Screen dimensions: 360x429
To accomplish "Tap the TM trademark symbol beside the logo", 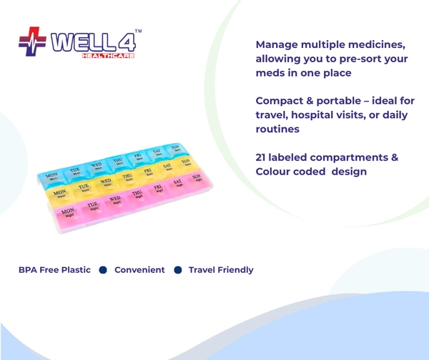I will [138, 32].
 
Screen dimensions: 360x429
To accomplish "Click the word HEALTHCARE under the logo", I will [107, 56].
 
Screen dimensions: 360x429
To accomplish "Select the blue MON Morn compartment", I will [53, 176].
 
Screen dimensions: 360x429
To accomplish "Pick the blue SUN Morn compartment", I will [174, 149].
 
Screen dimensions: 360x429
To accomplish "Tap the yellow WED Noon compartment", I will [106, 183].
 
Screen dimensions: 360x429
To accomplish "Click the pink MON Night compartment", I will [69, 213].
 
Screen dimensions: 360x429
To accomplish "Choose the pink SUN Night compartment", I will [197, 177].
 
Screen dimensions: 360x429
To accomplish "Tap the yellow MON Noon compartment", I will [60, 194].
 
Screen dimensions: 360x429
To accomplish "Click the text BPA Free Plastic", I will [54, 270].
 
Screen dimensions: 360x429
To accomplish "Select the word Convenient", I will [139, 270].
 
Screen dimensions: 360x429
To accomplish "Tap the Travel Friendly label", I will [220, 270].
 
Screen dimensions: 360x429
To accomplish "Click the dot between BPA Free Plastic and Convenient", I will [102, 270].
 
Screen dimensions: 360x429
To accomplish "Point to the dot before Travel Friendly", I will [178, 270].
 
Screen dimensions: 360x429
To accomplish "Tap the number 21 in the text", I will [262, 157].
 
